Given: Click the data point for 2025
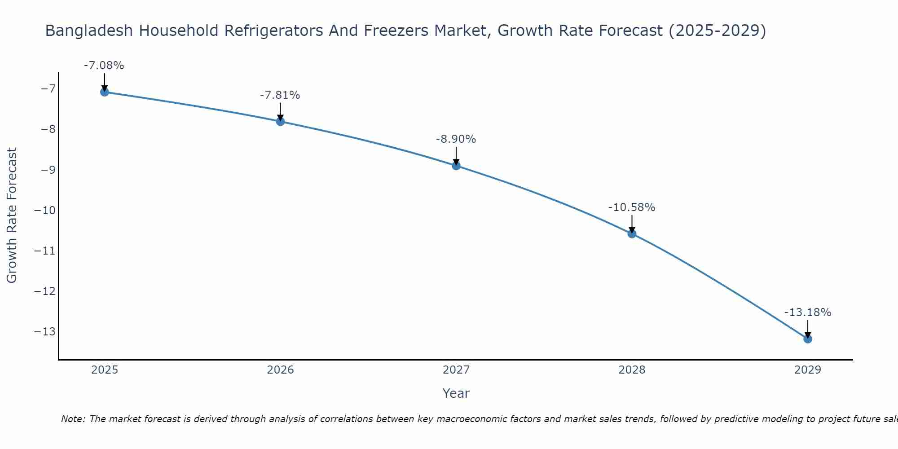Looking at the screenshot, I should tap(105, 92).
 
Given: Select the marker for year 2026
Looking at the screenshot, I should tap(280, 121).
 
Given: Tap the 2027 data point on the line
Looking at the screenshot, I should tap(456, 166).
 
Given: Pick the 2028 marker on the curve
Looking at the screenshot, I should tap(632, 233).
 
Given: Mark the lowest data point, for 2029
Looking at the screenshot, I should tap(808, 339).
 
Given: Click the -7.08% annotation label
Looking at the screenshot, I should tap(104, 66).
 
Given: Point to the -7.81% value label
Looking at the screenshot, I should tap(280, 95).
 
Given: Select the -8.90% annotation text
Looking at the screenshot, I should tap(456, 139).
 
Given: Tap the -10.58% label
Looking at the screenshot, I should tap(632, 207).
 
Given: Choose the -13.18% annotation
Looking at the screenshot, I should tap(808, 313).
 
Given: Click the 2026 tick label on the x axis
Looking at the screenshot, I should tap(280, 370).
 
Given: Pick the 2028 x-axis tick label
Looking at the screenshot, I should tap(632, 370).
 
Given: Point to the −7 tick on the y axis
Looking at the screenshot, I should tap(48, 88).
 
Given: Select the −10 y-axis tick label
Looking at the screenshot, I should tap(45, 210).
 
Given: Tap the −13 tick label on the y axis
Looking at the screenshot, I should tap(45, 332).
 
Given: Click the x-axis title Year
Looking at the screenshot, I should tap(456, 393).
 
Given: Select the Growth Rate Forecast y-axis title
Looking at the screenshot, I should tap(12, 216).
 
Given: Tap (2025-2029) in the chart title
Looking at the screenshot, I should tap(717, 31).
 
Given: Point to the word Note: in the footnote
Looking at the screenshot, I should tap(73, 419).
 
